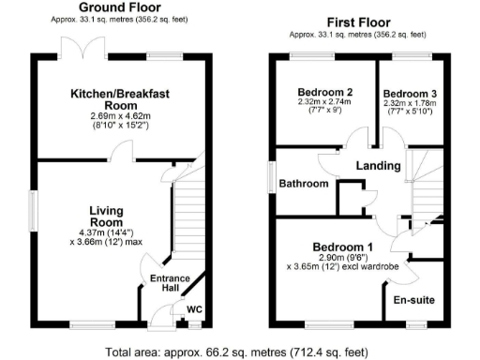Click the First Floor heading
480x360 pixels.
[x=359, y=22]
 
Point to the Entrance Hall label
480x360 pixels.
[x=171, y=283]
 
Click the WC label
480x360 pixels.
[x=195, y=307]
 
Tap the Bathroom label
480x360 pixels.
[x=304, y=184]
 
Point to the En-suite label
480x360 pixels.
[x=412, y=300]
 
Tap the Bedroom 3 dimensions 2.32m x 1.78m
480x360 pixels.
[x=406, y=104]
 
